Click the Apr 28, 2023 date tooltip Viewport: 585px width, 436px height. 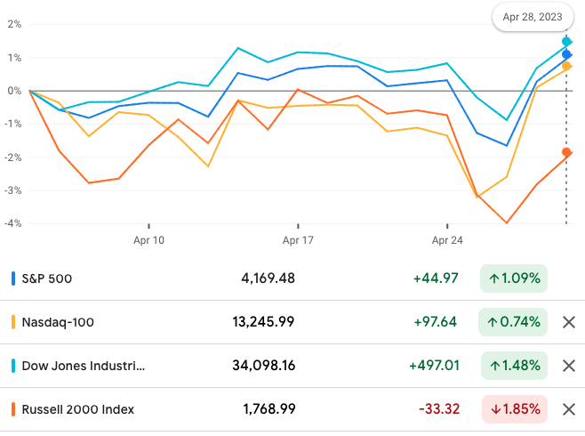(x=533, y=17)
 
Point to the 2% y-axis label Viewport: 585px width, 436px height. (x=13, y=24)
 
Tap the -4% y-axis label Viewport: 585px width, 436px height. (x=13, y=223)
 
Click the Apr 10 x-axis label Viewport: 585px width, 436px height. (x=148, y=240)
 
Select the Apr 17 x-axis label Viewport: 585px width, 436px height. (x=298, y=240)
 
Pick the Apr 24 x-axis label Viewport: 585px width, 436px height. (x=447, y=240)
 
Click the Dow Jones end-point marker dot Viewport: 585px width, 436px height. (x=566, y=42)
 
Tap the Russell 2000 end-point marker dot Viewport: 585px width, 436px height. (x=566, y=152)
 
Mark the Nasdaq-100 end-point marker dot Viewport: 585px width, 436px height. (x=566, y=66)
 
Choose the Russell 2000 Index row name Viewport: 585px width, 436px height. (x=79, y=409)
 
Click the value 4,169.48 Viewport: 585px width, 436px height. (x=268, y=279)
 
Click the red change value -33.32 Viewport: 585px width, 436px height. (x=438, y=409)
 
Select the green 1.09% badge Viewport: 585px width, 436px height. (x=514, y=279)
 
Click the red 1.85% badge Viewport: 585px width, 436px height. (x=514, y=409)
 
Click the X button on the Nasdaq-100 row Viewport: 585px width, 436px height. (x=569, y=322)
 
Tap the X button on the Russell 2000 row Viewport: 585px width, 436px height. (x=569, y=409)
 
